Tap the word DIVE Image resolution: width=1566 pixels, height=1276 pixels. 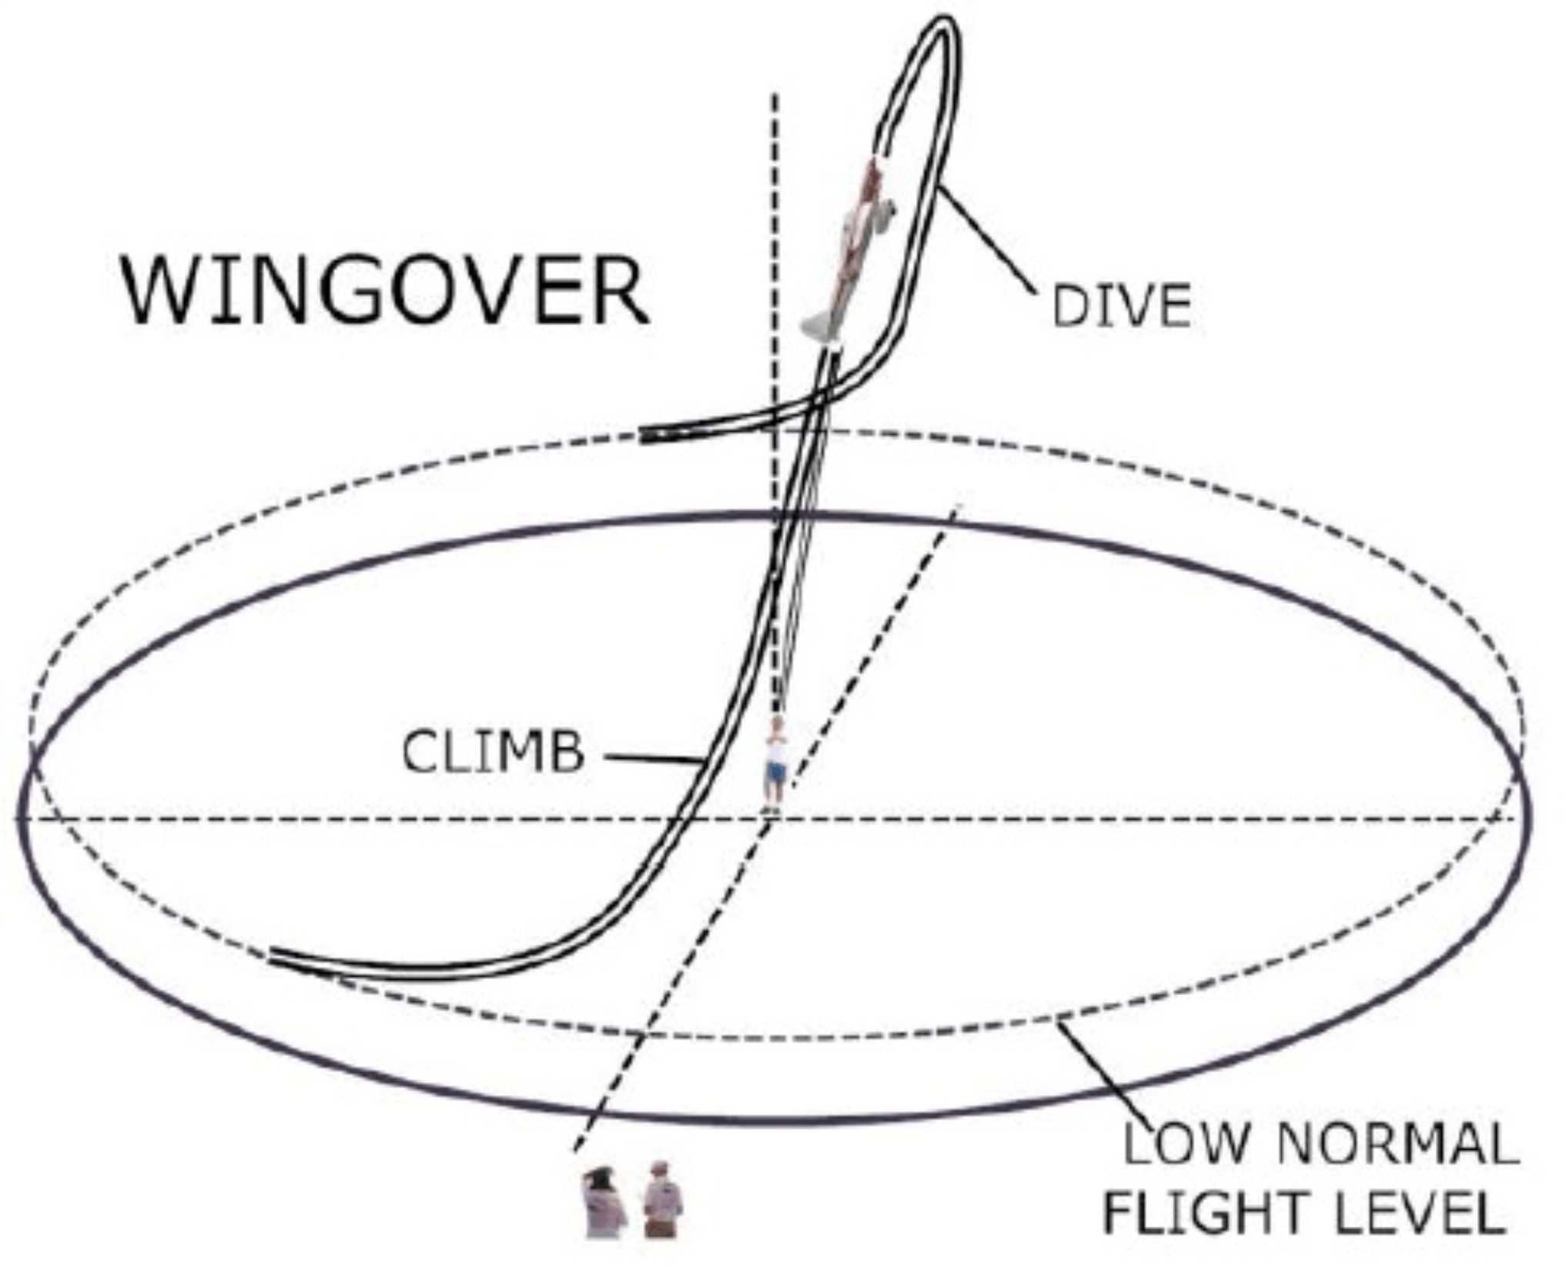click(x=1121, y=306)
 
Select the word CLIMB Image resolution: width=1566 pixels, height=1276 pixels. click(x=493, y=752)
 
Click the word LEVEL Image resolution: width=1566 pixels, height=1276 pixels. click(x=1419, y=1213)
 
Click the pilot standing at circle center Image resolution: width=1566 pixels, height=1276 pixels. click(x=776, y=762)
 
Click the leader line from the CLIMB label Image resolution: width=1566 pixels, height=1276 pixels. click(x=651, y=759)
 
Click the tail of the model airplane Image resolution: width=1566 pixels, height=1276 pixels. click(x=821, y=327)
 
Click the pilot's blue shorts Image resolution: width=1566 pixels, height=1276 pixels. click(x=776, y=771)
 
